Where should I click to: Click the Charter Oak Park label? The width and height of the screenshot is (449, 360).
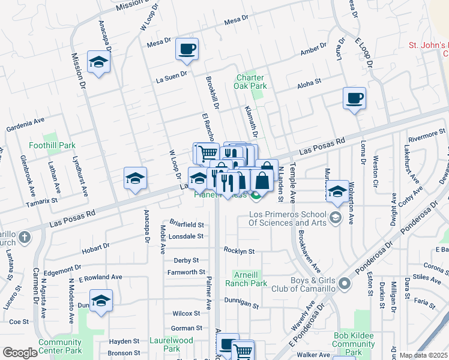[x=250, y=82]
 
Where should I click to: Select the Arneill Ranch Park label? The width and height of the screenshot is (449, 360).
[x=247, y=279]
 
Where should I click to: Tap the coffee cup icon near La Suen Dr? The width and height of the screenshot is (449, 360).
[x=187, y=49]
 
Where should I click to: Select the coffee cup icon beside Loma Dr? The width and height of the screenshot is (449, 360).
[x=354, y=98]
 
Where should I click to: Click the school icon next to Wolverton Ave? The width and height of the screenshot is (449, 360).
[x=338, y=191]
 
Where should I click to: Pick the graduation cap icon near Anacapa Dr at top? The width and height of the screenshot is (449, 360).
[x=98, y=62]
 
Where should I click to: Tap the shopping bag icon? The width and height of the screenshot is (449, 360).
[x=262, y=179]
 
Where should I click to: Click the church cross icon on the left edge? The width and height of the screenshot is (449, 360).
[x=23, y=236]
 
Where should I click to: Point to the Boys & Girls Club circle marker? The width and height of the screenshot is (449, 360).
[x=344, y=283]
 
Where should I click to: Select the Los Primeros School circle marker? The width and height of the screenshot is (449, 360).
[x=336, y=217]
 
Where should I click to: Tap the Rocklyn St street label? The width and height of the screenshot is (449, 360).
[x=240, y=251]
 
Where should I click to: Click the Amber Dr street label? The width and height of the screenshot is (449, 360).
[x=313, y=49]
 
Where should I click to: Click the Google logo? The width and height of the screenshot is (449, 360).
[x=20, y=352]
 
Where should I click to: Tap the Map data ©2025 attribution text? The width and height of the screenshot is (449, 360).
[x=423, y=355]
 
